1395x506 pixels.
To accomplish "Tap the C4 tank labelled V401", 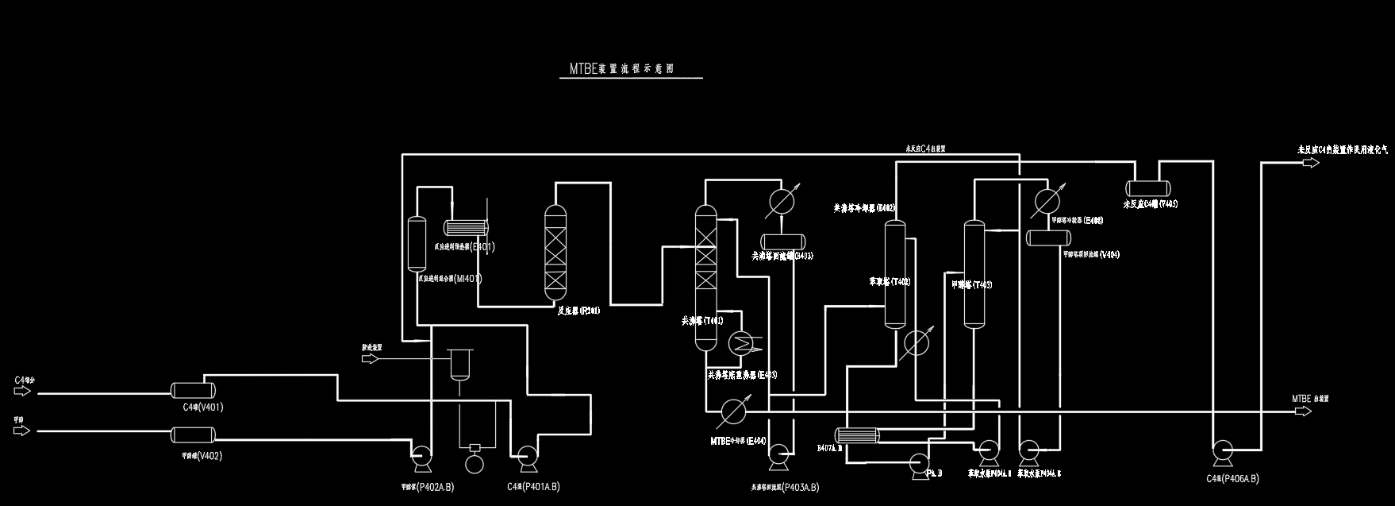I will click(194, 390).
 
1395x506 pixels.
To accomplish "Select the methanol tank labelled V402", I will click(194, 435).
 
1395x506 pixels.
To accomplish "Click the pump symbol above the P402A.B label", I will click(421, 455).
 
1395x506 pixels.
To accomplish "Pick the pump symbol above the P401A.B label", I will click(525, 455).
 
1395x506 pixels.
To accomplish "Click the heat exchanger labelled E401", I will click(464, 227).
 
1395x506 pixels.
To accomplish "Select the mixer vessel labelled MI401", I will click(414, 244).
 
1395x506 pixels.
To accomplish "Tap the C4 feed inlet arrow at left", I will click(22, 391).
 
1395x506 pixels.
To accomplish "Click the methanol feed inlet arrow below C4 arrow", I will click(22, 430).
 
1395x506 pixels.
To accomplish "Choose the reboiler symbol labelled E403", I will click(743, 343).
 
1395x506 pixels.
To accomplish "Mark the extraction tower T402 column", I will click(895, 274).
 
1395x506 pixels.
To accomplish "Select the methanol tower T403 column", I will click(974, 274).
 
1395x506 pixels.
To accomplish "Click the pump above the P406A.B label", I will click(1222, 454).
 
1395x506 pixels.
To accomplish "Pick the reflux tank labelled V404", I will click(1048, 238).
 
